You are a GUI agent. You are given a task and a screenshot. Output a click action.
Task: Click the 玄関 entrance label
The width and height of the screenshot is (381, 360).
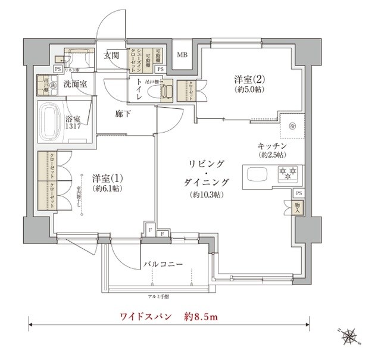click(112, 56)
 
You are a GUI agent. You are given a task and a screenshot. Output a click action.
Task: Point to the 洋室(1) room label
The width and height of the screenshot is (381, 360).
click(108, 178)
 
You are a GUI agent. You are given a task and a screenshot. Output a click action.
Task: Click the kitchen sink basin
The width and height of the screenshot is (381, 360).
click(257, 176)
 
